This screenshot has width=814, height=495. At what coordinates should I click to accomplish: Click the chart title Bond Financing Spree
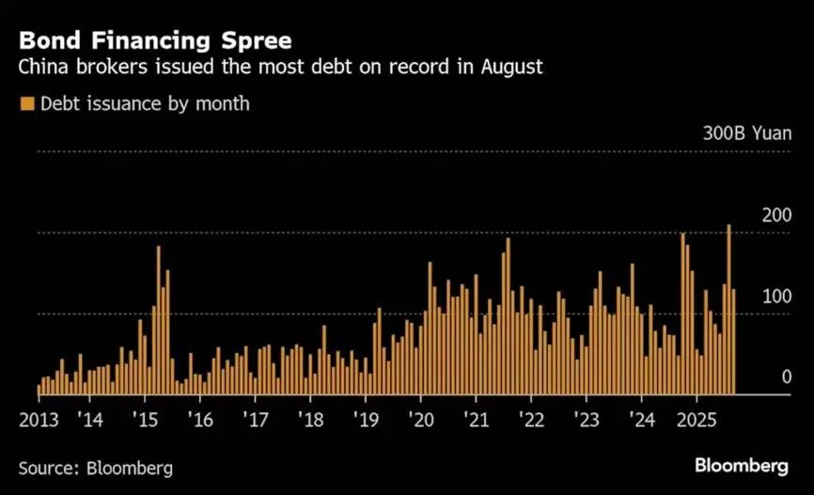tap(155, 41)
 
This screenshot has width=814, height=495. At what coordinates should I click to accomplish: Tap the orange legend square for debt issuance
tap(26, 103)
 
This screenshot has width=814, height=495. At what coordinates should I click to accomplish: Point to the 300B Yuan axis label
tap(747, 132)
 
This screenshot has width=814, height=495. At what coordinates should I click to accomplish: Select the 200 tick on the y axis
tap(776, 216)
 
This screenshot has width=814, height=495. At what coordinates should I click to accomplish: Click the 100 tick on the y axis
tap(776, 297)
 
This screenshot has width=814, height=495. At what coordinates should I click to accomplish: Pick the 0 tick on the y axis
tap(786, 378)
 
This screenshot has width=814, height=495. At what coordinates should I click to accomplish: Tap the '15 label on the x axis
tap(144, 418)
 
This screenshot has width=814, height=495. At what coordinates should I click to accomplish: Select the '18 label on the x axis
tap(310, 418)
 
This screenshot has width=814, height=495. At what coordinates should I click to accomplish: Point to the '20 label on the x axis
tap(420, 418)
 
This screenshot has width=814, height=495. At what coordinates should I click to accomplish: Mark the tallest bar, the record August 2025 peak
tap(728, 310)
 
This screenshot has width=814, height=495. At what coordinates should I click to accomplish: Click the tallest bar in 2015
tap(159, 319)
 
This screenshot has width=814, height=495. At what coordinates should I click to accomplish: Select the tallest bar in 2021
tap(508, 316)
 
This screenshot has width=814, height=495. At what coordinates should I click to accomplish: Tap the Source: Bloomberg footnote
tap(96, 467)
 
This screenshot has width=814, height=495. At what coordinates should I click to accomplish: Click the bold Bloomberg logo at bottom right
tap(742, 466)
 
